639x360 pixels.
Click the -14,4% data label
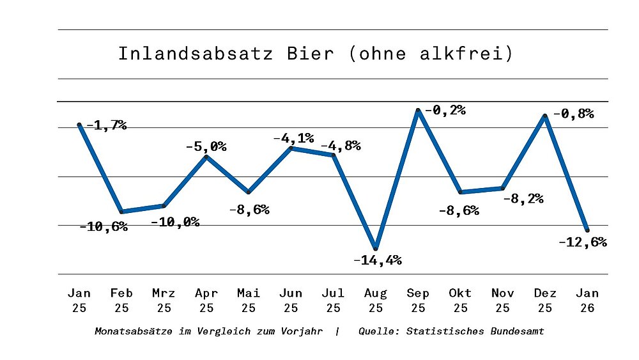(377, 260)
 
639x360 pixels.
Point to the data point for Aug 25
(376, 248)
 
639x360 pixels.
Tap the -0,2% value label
(443, 110)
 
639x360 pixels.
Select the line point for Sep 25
(418, 111)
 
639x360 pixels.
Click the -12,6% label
(582, 242)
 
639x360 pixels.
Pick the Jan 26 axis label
(587, 300)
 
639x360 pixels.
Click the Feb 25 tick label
(121, 300)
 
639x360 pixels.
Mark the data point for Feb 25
(121, 212)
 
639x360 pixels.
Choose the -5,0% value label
(206, 146)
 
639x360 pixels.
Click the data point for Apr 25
(206, 156)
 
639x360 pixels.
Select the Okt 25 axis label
(460, 300)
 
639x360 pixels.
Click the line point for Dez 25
(544, 116)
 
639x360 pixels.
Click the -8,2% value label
(523, 198)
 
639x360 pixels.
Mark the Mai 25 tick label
(249, 300)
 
